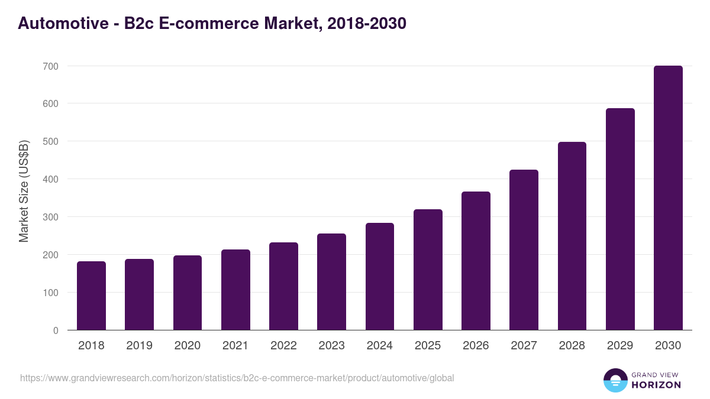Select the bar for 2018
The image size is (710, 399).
[91, 296]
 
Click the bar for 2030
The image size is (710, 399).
[668, 198]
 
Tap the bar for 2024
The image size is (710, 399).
[380, 277]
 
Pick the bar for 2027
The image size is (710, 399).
[524, 250]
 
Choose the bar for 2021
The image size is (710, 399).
[235, 290]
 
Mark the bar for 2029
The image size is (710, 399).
[620, 219]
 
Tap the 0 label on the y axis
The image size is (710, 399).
[56, 330]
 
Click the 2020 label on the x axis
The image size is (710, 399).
[187, 346]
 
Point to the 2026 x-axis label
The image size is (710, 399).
[476, 346]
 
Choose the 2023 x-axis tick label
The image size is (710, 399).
[331, 346]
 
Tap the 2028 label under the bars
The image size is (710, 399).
[572, 346]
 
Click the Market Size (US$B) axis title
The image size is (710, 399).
[24, 191]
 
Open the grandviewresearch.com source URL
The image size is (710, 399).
[237, 378]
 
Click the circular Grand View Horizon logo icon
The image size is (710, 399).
[615, 381]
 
